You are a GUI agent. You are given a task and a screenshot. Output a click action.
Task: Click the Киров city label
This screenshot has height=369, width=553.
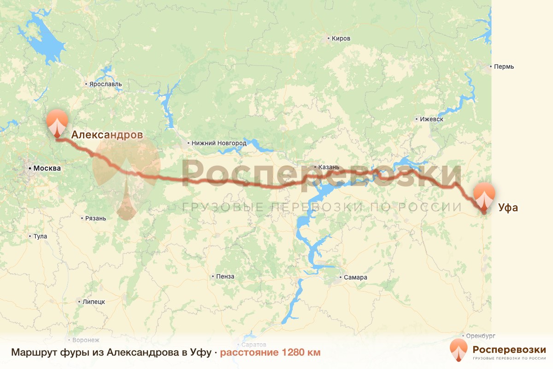click(x=341, y=39)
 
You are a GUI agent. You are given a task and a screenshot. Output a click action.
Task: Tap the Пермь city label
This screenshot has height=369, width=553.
click(x=504, y=66)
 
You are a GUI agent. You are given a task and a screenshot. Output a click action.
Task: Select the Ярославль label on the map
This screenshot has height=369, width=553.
click(x=106, y=84)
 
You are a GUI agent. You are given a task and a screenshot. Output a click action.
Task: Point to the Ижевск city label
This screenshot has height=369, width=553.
click(x=431, y=119)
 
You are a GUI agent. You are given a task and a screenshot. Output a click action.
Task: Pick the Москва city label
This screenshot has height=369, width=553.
click(x=47, y=168)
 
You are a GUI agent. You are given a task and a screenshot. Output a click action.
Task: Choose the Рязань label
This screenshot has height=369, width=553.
click(x=96, y=218)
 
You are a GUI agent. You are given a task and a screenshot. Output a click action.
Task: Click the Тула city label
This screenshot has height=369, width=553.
click(x=40, y=237)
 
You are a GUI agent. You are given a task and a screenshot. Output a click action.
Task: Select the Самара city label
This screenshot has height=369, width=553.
click(x=355, y=278)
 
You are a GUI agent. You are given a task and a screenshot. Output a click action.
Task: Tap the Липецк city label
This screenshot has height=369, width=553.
click(x=94, y=302)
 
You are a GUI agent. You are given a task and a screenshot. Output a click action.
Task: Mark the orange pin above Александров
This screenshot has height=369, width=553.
click(x=57, y=122)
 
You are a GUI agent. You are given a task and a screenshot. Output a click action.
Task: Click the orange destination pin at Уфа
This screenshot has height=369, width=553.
click(x=484, y=196)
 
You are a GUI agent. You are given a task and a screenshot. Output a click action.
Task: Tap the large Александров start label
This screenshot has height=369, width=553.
click(x=107, y=135)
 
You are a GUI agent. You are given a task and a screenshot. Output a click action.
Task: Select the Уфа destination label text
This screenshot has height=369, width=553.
click(x=508, y=208)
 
